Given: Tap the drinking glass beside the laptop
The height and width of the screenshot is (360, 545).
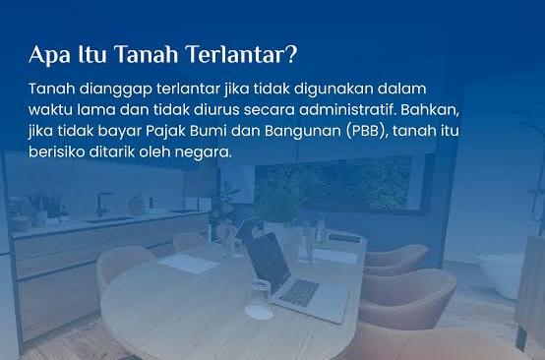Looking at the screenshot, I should coord(259,298).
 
